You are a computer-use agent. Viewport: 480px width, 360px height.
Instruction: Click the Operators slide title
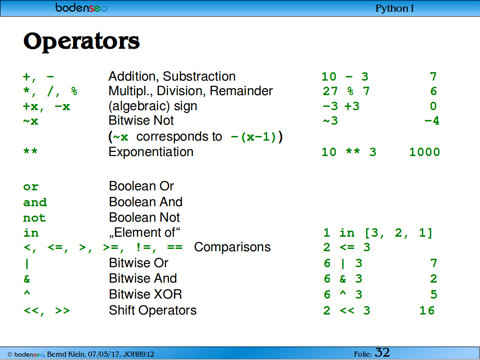pos(82,41)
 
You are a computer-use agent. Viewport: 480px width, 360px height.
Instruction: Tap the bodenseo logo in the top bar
pos(82,7)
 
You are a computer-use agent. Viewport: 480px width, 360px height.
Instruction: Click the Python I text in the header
pos(395,8)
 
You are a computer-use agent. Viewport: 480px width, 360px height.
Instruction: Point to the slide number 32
pos(382,352)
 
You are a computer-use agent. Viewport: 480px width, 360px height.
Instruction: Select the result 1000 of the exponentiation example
pos(425,152)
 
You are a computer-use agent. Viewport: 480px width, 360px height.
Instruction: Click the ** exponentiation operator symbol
pos(30,151)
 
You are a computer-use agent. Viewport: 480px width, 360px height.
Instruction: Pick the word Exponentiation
pos(151,152)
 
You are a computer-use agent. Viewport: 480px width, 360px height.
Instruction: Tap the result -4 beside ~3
pos(432,121)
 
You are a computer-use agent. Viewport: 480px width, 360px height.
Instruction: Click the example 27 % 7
pos(346,91)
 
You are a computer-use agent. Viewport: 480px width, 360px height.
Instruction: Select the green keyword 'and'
pos(35,202)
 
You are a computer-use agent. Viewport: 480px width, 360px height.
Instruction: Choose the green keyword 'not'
pos(35,218)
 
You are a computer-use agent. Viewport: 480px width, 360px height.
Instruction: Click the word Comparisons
pos(232,247)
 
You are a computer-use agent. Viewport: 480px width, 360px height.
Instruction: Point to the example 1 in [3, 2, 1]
pos(378,233)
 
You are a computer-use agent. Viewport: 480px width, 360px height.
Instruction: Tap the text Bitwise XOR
pos(145,294)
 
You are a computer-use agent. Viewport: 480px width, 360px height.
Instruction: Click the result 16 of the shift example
pos(427,310)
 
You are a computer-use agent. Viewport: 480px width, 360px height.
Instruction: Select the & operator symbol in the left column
pos(27,279)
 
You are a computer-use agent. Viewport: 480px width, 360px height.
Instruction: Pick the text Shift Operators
pos(153,310)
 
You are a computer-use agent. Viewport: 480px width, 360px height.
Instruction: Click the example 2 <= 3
pos(347,247)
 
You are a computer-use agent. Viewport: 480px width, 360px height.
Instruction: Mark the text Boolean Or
pos(142,186)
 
